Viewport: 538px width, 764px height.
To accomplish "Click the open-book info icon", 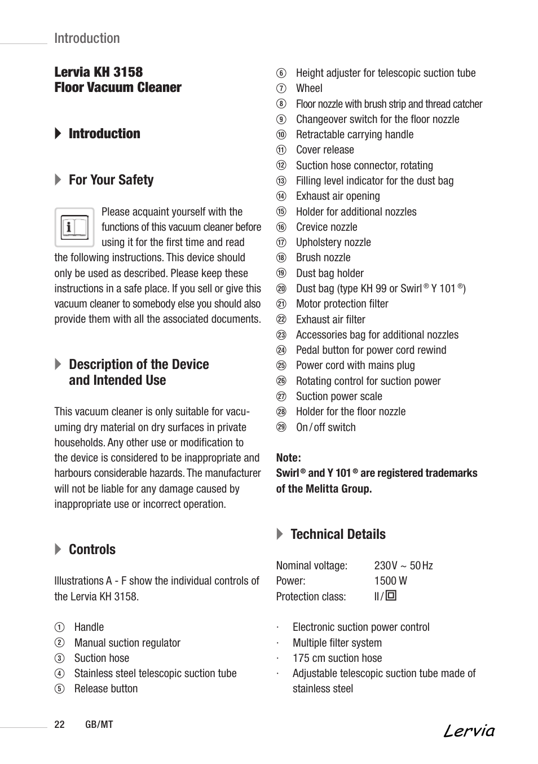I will point(74,227).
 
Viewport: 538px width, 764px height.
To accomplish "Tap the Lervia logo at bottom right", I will point(469,731).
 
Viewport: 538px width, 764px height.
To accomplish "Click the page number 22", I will point(60,725).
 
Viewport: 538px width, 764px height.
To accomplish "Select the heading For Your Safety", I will point(111,180).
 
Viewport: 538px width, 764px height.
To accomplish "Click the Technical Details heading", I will point(338,534).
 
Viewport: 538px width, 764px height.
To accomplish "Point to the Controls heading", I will point(92,550).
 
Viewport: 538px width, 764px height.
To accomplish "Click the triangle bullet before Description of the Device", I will point(58,365).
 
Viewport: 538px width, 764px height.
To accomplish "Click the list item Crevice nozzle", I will point(327,227).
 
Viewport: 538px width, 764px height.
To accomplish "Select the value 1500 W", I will point(390,581).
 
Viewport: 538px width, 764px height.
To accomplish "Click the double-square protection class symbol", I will point(391,595).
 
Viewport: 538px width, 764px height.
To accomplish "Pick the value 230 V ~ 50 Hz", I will point(403,565).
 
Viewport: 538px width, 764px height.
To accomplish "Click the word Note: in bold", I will point(288,458).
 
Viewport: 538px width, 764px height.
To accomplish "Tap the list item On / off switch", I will point(325,427).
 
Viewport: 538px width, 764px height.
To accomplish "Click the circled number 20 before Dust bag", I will point(281,288).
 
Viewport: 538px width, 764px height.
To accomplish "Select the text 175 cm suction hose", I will point(337,658).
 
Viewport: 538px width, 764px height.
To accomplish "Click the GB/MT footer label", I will point(99,725).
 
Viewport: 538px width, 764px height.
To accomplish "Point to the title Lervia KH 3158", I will point(99,72).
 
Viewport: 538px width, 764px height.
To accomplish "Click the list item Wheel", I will point(309,88).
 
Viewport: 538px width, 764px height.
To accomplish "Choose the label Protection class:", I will point(311,596).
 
